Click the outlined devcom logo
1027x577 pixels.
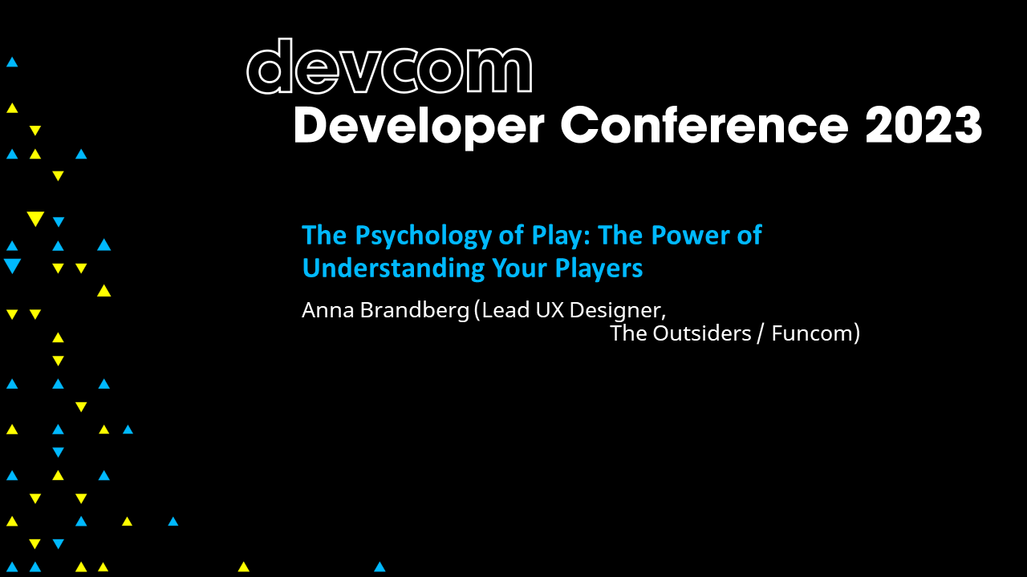[x=389, y=67]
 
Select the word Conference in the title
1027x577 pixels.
[x=704, y=126]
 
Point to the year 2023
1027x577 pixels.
[x=923, y=126]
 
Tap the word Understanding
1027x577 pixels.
[x=382, y=268]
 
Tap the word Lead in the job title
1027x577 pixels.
[x=505, y=310]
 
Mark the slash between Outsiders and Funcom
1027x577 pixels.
[x=759, y=333]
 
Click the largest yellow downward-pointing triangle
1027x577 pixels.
[x=35, y=219]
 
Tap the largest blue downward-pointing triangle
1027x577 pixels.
[x=12, y=266]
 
